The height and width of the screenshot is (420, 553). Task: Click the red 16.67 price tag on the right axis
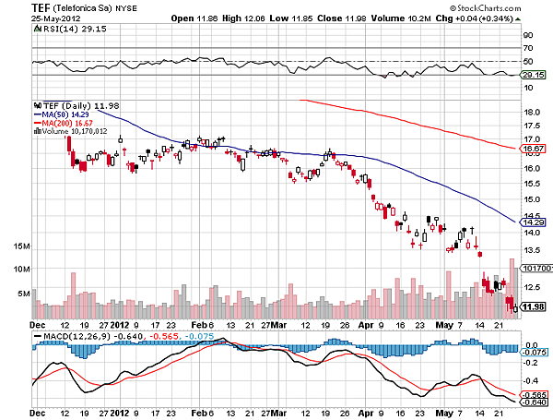[534, 148]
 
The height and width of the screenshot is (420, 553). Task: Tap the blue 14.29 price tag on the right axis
[534, 222]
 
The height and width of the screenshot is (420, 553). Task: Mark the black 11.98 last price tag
[534, 307]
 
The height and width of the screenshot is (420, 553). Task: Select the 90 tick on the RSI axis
[528, 34]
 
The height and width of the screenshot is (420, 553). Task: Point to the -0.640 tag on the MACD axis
[534, 402]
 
